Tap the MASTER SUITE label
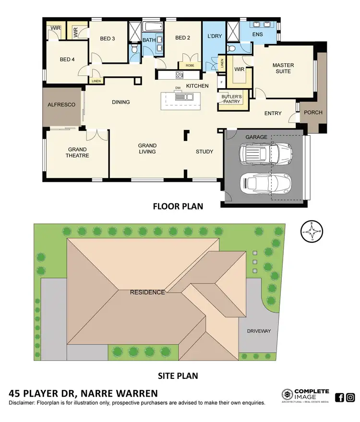coord(283,68)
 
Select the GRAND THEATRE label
coord(78,152)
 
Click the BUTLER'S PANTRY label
coord(232,99)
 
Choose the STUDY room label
coord(204,152)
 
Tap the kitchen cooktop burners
coord(180,75)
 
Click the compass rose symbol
coord(312,234)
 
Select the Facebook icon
coord(339,397)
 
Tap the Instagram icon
coord(351,397)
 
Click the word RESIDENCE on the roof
coord(148,292)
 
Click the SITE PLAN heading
coord(178,375)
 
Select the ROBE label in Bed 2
coord(186,66)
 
